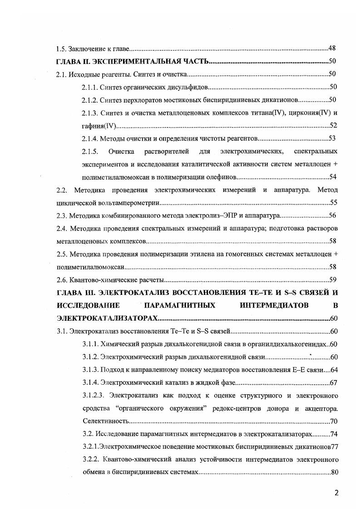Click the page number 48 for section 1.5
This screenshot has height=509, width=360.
tap(331, 48)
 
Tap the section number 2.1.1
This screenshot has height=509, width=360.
tap(89, 87)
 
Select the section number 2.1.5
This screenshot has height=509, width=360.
tap(89, 151)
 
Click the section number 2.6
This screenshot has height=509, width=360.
tap(61, 279)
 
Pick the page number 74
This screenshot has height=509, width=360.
tap(333, 434)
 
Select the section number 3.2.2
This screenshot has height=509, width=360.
tap(89, 459)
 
